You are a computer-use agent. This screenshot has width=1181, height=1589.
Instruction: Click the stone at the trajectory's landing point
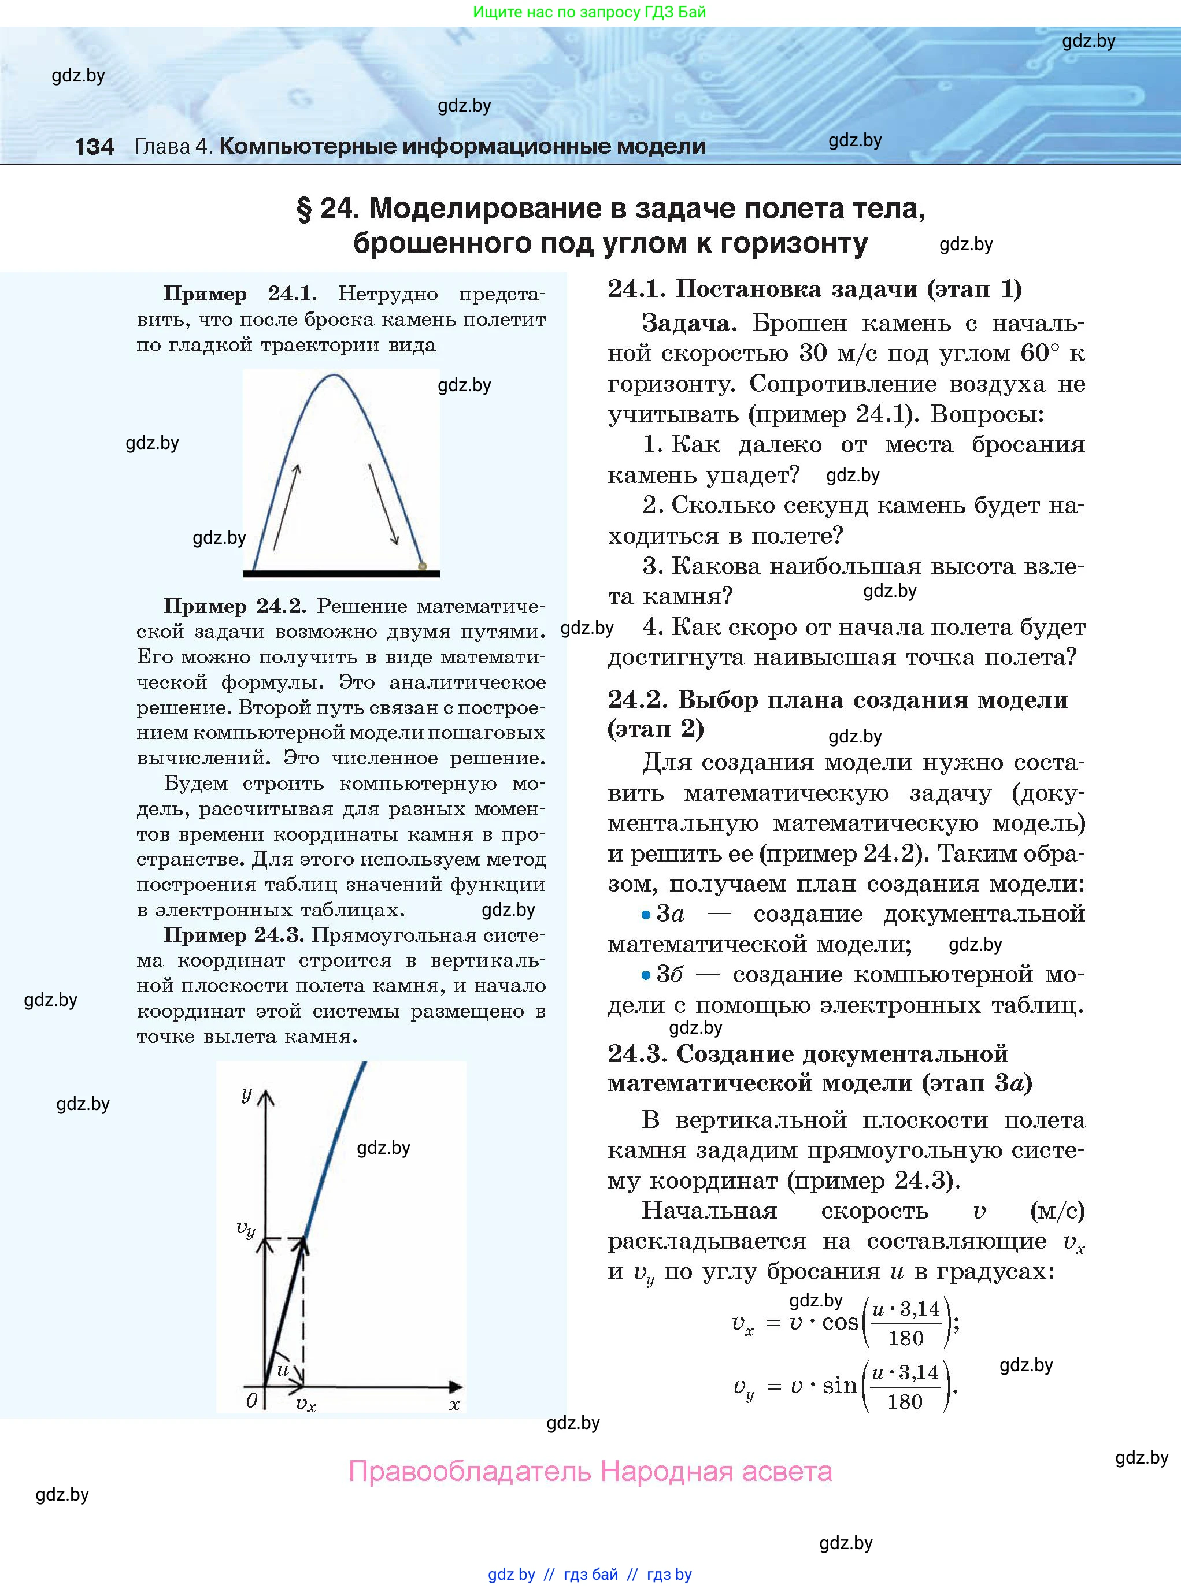click(423, 566)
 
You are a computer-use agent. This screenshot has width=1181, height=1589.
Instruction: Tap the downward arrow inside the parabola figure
click(383, 504)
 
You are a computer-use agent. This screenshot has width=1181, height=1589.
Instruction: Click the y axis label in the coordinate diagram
click(247, 1094)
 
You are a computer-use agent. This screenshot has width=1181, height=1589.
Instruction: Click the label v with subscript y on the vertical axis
click(245, 1228)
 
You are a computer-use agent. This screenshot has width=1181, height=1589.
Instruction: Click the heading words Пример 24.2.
click(235, 606)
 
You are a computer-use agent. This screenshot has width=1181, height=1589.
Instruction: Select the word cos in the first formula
click(840, 1323)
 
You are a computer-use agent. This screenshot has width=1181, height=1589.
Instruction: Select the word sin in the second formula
click(839, 1386)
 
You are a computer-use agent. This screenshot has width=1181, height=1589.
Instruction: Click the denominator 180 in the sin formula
click(905, 1402)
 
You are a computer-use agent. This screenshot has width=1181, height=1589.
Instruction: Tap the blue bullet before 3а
click(646, 915)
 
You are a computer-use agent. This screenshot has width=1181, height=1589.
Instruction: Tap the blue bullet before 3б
click(646, 975)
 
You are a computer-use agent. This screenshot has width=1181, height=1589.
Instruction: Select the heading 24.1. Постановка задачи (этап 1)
click(815, 289)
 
